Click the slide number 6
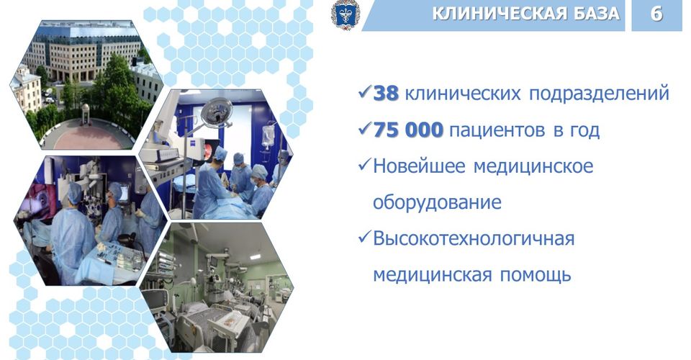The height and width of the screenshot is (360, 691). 656,14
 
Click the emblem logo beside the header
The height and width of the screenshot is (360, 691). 345,14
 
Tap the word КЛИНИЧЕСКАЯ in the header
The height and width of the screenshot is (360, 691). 498,14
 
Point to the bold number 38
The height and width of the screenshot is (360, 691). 386,94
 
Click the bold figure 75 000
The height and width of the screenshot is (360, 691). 408,130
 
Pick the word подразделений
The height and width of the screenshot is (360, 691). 599,94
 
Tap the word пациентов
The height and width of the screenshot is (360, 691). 497,131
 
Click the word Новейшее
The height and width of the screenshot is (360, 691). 419,166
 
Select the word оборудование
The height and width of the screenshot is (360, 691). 437,203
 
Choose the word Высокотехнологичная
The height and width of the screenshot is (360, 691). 474,239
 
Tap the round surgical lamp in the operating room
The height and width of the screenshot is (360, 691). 217,112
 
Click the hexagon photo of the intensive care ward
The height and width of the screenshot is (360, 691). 217,288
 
